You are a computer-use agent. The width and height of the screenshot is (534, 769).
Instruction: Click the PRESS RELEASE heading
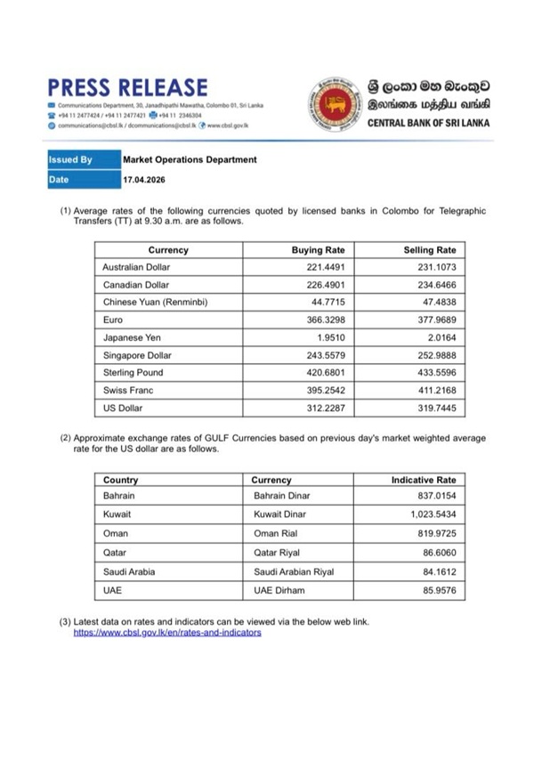click(x=127, y=87)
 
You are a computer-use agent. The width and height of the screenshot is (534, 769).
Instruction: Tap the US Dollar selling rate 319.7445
click(x=431, y=408)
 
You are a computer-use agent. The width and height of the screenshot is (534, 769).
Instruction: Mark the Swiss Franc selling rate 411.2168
click(x=431, y=390)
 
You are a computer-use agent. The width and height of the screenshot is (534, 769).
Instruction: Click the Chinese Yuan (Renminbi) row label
click(x=155, y=303)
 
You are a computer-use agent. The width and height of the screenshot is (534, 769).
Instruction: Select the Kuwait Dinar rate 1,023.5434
click(x=425, y=515)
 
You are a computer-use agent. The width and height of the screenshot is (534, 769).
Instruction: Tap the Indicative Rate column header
click(x=423, y=481)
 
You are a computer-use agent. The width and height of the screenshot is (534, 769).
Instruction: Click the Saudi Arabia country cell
click(x=129, y=571)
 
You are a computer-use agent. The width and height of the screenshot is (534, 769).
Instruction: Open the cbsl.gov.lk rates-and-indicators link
click(x=166, y=632)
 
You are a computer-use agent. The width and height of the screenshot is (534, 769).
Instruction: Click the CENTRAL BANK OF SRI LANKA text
click(x=429, y=123)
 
